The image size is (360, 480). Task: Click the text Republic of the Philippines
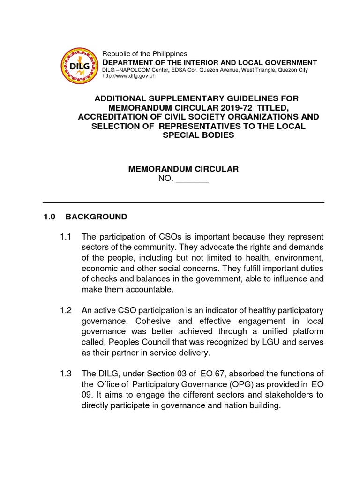point(145,54)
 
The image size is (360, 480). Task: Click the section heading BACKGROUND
point(96,217)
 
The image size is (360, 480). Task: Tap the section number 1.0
point(49,217)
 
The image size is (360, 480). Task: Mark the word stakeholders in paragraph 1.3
point(288,395)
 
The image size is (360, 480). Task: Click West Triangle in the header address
point(259,70)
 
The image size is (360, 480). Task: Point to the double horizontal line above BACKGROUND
point(183,202)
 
